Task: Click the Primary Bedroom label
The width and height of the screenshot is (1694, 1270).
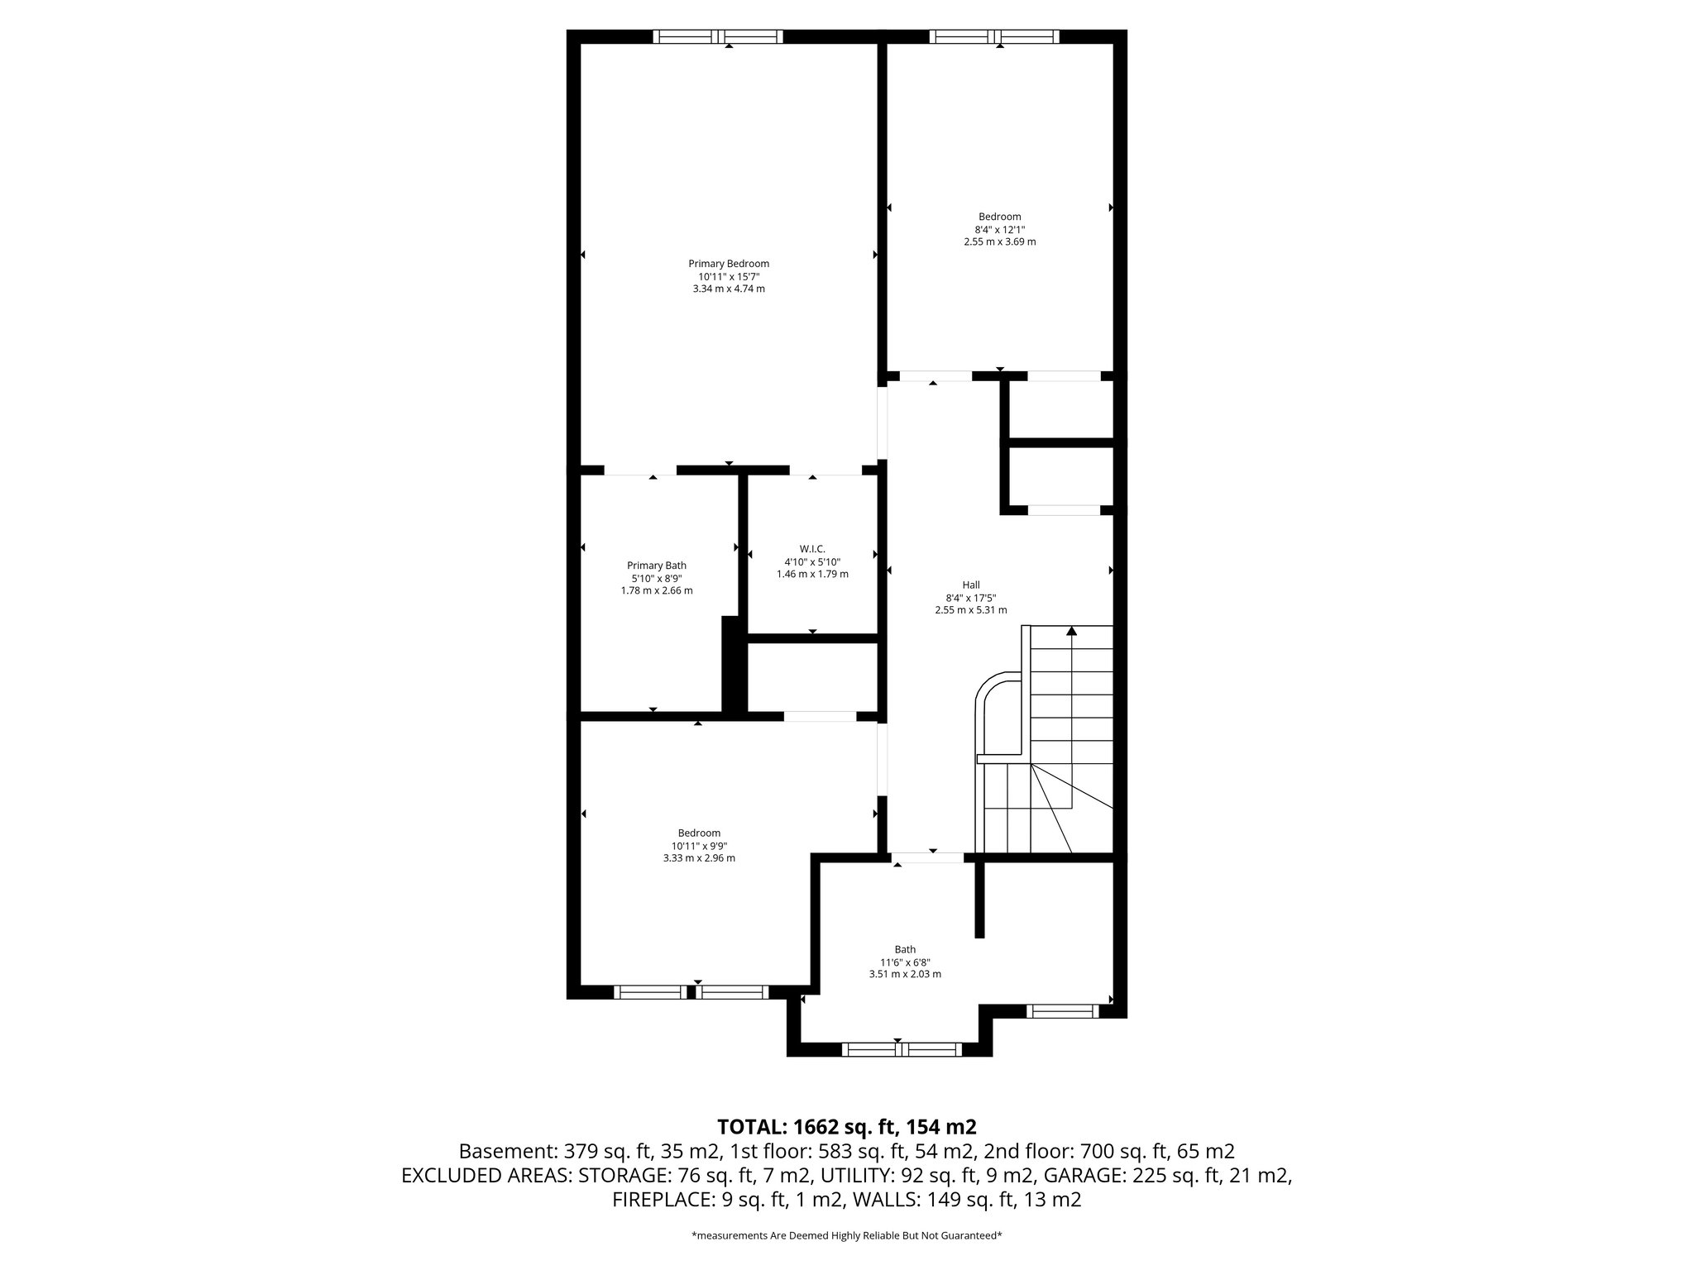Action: [x=729, y=264]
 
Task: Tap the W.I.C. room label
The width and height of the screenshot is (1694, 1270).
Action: [x=812, y=549]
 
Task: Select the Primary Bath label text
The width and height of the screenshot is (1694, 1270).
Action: [x=656, y=566]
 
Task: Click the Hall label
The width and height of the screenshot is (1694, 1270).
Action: [x=971, y=585]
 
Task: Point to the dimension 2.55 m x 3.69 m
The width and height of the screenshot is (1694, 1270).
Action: [x=999, y=242]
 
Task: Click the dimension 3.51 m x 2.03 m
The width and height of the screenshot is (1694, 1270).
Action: [x=905, y=974]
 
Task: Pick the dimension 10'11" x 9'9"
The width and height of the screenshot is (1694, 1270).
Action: [x=699, y=846]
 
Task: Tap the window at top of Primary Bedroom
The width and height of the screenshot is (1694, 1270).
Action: [x=717, y=36]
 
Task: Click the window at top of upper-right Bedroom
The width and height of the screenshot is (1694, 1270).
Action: [x=993, y=36]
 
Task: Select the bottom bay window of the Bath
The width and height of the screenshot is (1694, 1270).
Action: [x=902, y=1049]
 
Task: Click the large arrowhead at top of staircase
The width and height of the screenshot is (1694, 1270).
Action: [x=1072, y=631]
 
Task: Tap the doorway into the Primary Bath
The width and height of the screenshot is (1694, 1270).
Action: [x=640, y=470]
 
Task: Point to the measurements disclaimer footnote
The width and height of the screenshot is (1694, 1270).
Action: [x=846, y=1236]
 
